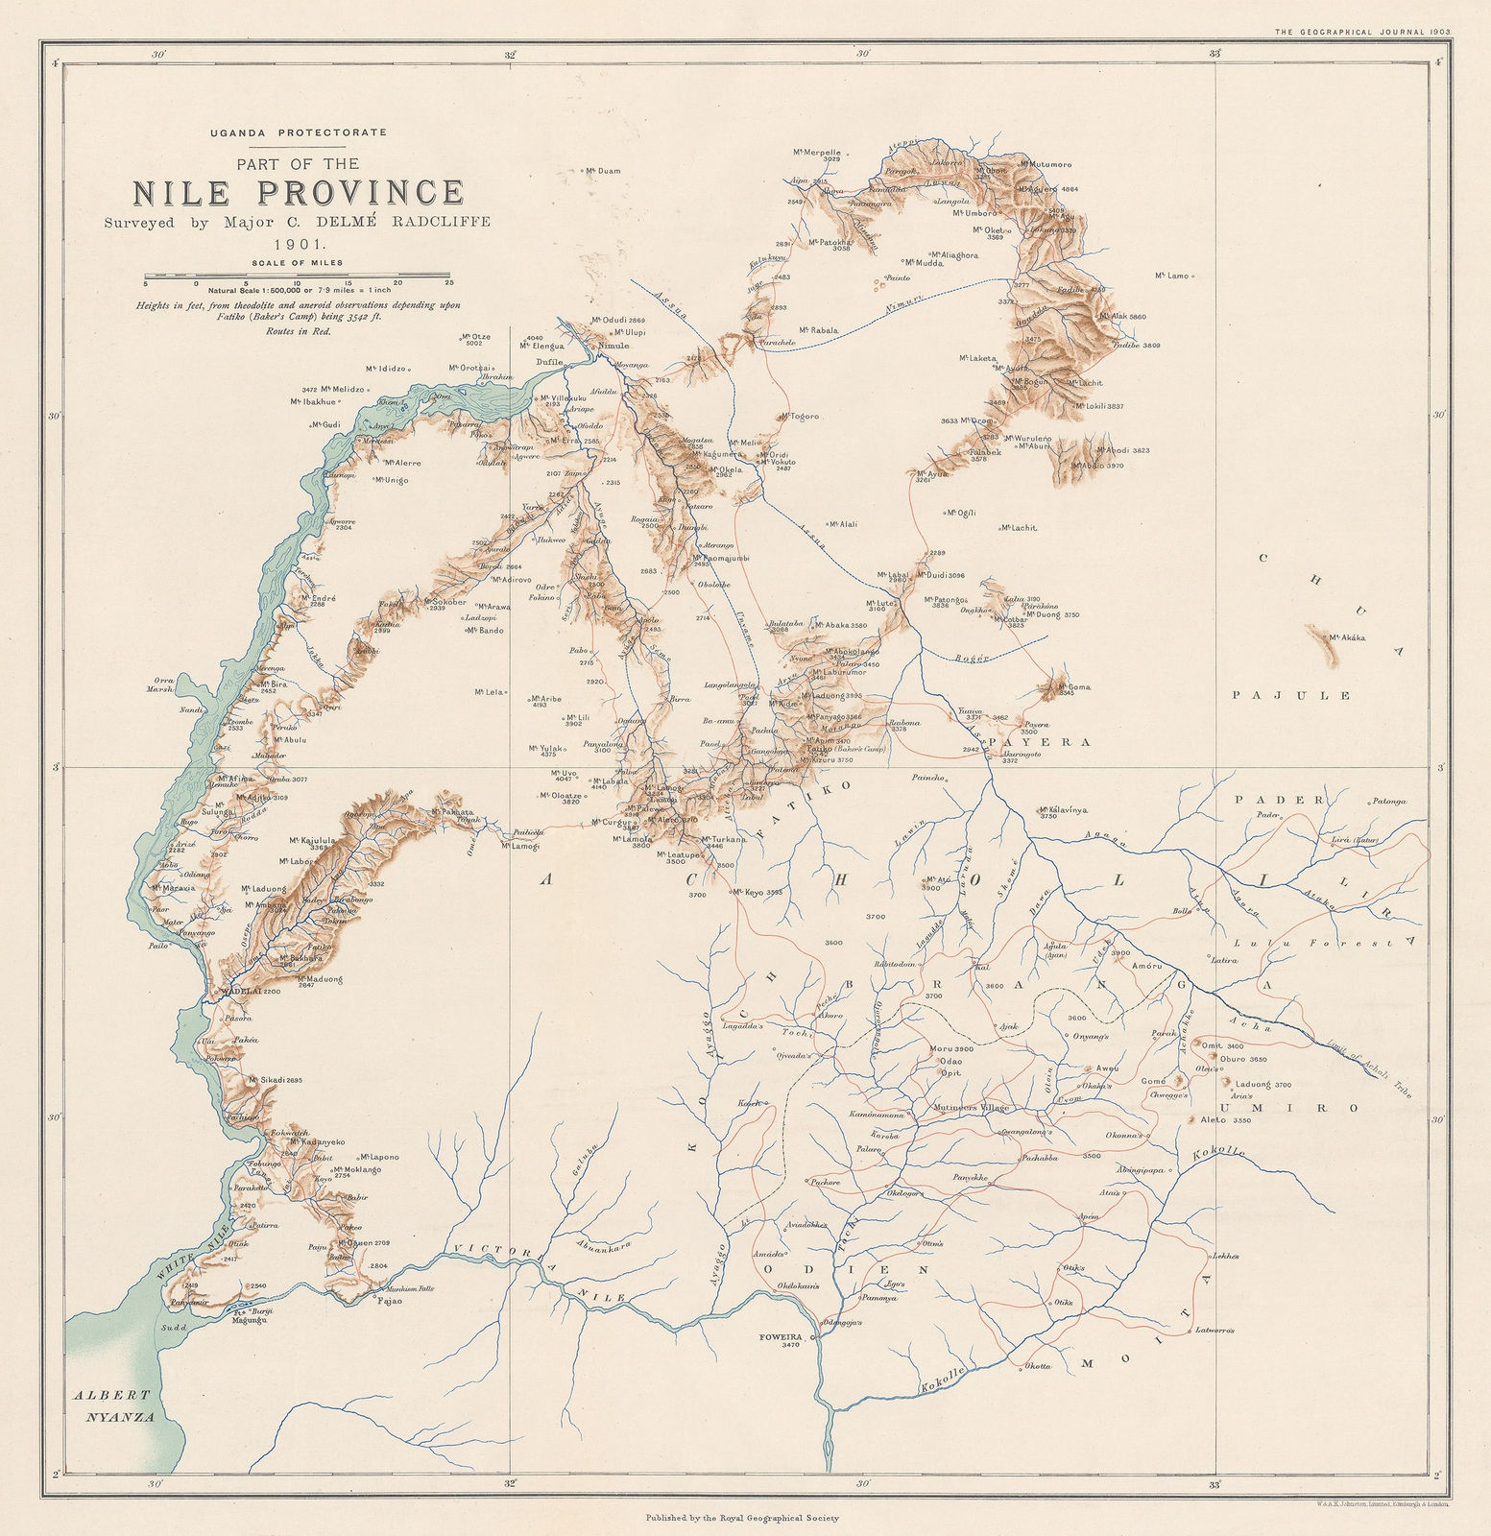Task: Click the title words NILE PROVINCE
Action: click(x=298, y=192)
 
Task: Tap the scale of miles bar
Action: click(x=298, y=277)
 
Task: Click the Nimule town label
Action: click(x=613, y=346)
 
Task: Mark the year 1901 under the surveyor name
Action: click(x=298, y=244)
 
